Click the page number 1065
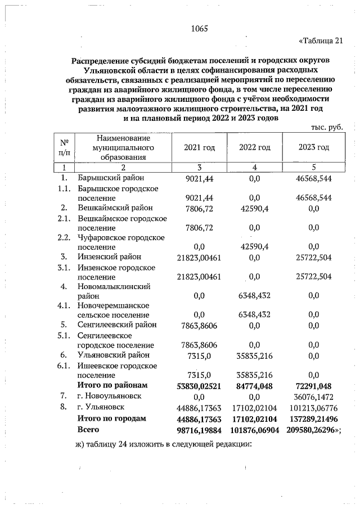[200, 29]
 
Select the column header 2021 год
[200, 147]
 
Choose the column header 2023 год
[313, 147]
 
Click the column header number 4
[255, 167]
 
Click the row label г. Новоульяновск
[112, 396]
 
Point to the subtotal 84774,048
[255, 386]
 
